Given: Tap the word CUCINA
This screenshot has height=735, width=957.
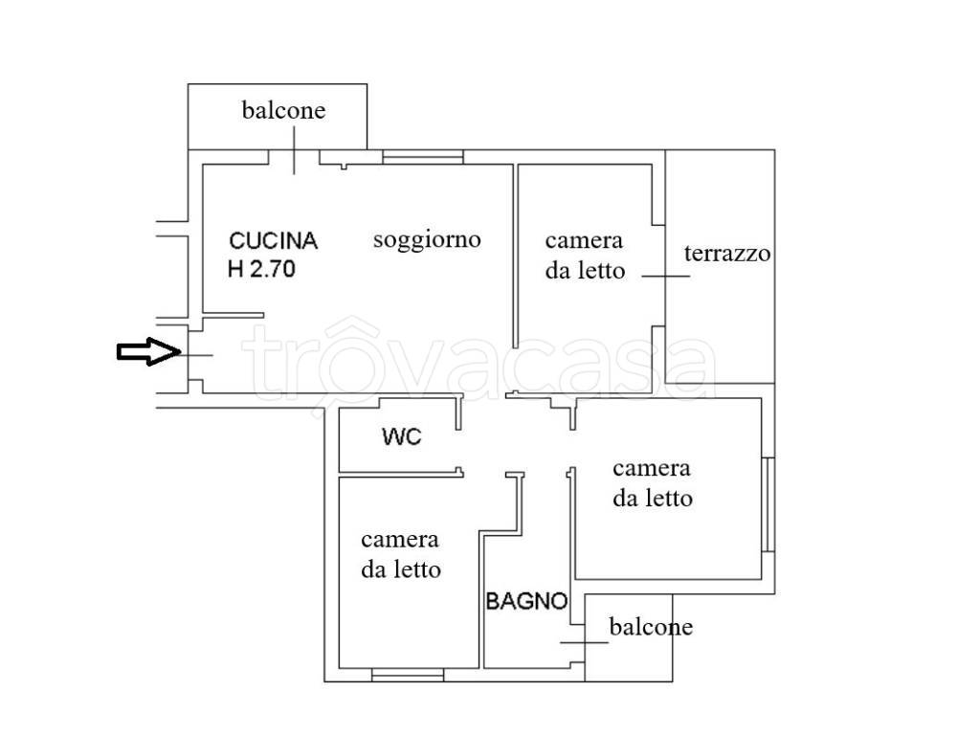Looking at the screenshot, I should (x=273, y=241).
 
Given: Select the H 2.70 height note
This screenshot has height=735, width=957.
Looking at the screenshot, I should (x=262, y=269).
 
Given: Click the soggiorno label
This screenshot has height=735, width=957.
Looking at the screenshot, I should (x=427, y=239).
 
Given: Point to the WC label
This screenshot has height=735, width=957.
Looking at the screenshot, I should (x=401, y=438).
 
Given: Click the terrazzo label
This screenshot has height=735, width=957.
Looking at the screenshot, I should (x=727, y=255).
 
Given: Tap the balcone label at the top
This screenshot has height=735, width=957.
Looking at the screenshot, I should (x=282, y=110).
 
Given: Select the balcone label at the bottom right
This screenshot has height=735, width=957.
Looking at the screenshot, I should (x=651, y=628).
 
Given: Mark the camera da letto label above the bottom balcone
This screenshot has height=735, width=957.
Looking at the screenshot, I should (x=653, y=483).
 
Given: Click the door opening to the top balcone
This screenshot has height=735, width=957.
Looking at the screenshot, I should (x=294, y=157).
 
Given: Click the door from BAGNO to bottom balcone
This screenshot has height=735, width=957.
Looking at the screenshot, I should (x=578, y=641).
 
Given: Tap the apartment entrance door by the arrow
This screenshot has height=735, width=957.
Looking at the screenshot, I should (x=193, y=355).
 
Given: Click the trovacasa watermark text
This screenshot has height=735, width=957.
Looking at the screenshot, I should (x=478, y=362).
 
